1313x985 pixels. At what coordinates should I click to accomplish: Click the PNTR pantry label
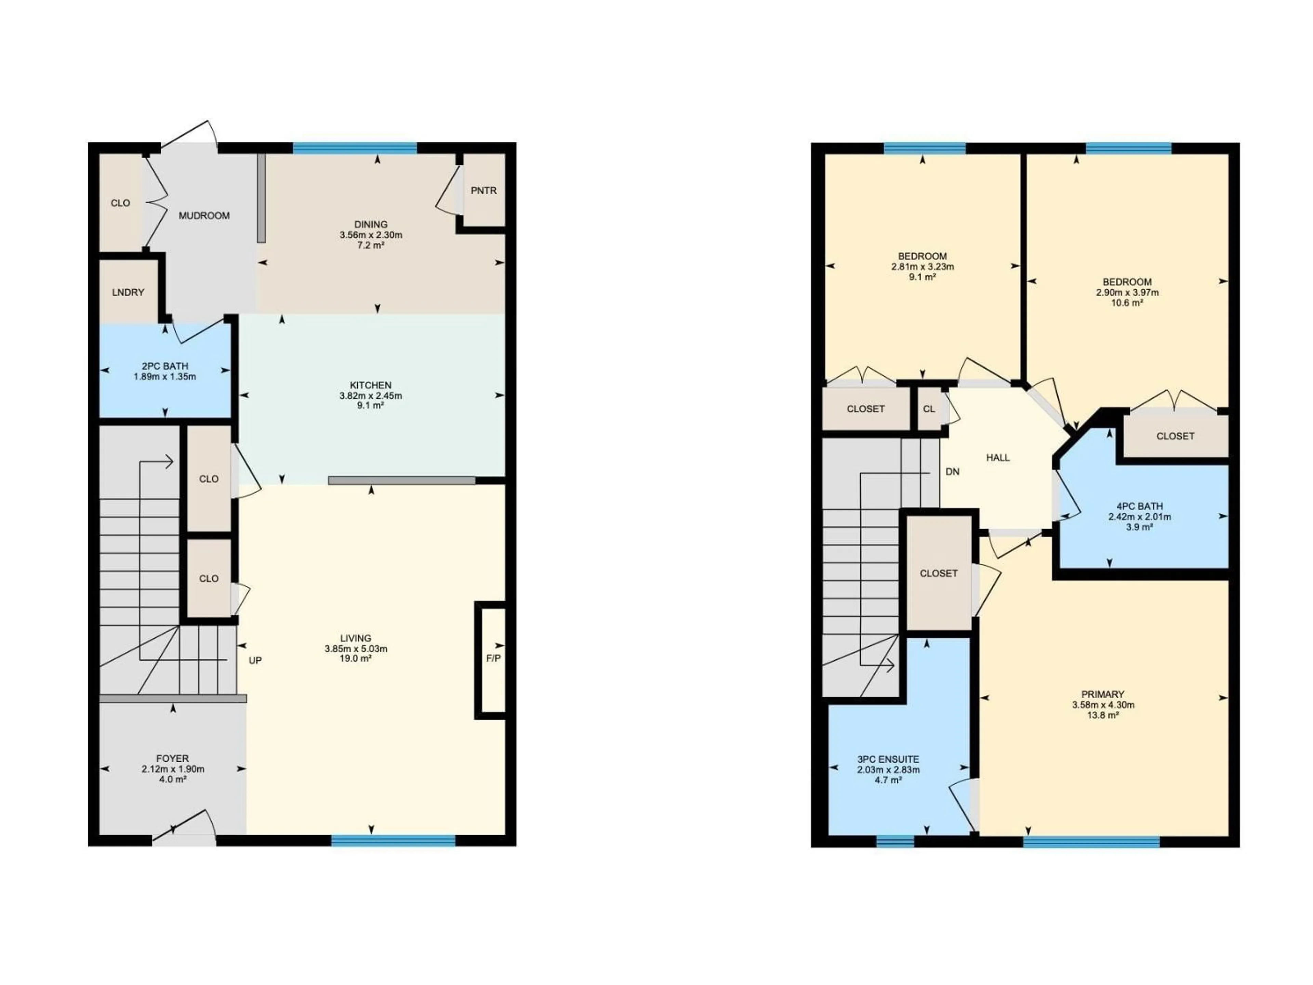click(483, 191)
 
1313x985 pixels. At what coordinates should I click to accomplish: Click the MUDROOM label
click(204, 215)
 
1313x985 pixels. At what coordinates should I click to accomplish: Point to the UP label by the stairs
click(255, 660)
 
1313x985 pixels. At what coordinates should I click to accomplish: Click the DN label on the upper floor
click(952, 472)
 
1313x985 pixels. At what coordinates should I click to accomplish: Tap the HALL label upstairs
click(998, 458)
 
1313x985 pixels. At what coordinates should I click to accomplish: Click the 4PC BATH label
click(1139, 507)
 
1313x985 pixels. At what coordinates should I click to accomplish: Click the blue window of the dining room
click(355, 148)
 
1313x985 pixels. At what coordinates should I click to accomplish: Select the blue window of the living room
click(393, 840)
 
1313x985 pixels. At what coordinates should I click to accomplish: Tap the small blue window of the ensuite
click(895, 840)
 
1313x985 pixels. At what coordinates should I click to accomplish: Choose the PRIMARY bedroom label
click(1103, 694)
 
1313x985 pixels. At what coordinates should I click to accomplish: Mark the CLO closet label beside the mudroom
click(120, 203)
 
